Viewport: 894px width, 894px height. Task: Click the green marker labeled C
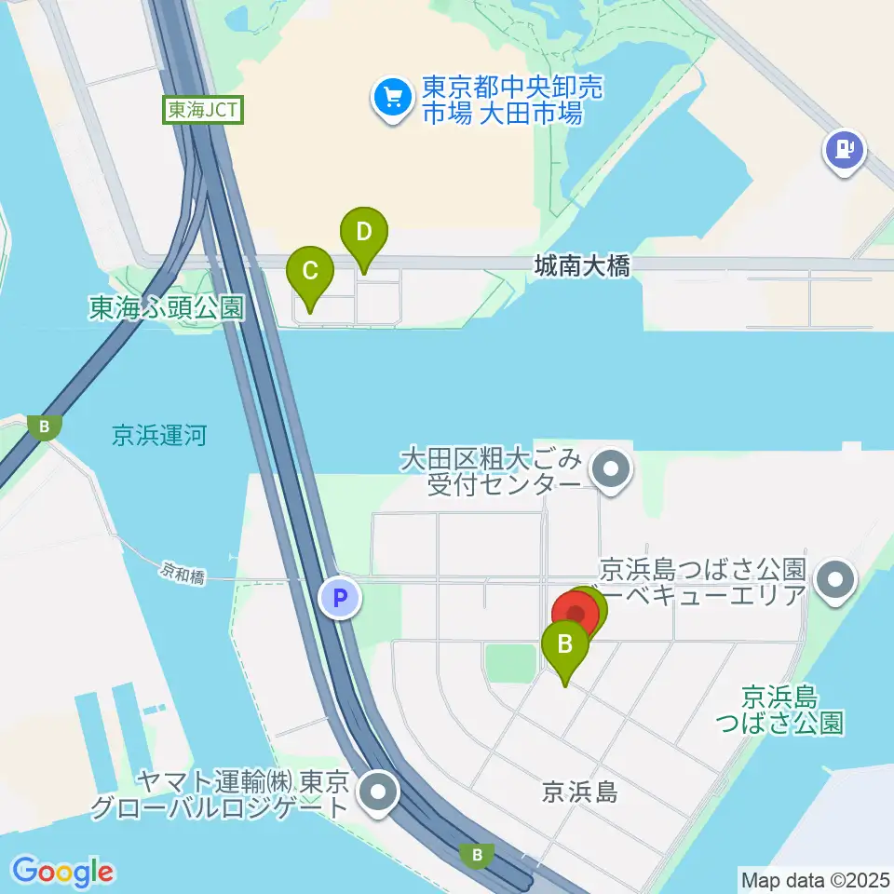click(311, 272)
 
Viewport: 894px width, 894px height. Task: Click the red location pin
click(576, 615)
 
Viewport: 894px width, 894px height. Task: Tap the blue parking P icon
click(340, 598)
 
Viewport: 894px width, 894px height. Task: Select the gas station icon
click(844, 149)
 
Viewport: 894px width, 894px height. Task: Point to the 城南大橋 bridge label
click(582, 266)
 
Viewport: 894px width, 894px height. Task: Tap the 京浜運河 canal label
click(158, 435)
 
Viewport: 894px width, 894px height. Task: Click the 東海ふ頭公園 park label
click(166, 307)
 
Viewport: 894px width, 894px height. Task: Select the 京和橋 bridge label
click(182, 577)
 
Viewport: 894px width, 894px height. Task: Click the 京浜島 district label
click(579, 792)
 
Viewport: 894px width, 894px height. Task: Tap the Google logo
click(63, 872)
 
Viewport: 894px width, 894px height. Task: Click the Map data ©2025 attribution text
click(814, 878)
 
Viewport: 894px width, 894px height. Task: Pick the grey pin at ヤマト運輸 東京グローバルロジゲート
click(379, 793)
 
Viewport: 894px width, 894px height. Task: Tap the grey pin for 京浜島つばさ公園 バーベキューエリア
click(835, 581)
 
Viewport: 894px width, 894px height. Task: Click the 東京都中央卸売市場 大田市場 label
click(502, 101)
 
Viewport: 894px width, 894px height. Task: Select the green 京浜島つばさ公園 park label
click(792, 709)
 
